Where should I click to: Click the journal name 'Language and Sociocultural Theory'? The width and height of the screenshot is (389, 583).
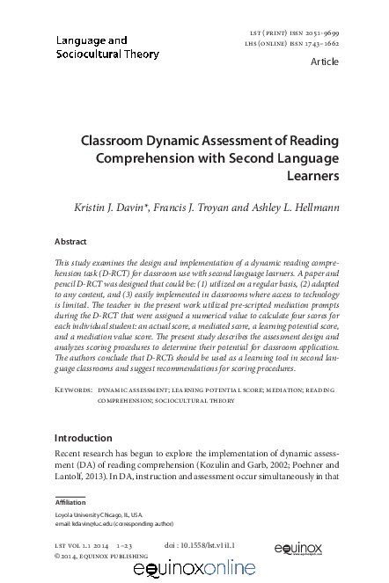[107, 47]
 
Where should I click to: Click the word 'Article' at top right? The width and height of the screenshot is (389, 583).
[325, 62]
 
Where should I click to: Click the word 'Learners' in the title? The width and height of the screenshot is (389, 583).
[313, 176]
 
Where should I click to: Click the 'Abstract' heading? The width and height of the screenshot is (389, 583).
[70, 241]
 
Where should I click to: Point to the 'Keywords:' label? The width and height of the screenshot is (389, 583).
[73, 388]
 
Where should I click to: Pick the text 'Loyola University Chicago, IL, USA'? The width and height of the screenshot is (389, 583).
[99, 514]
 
